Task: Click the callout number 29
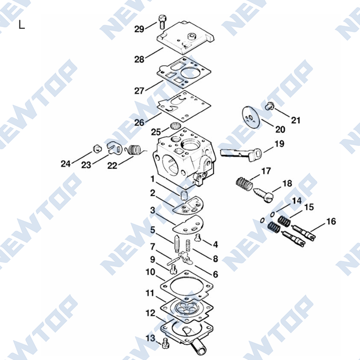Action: (139, 29)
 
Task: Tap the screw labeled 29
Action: (162, 22)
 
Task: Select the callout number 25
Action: (156, 132)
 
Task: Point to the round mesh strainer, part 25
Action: (175, 126)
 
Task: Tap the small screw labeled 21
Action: (269, 106)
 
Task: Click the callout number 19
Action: (279, 144)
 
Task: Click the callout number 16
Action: (331, 221)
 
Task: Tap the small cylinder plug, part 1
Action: (184, 195)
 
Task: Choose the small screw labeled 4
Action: (198, 238)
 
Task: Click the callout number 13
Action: (151, 338)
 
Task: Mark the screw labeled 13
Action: (165, 343)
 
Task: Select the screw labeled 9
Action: (173, 269)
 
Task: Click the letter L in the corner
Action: (22, 25)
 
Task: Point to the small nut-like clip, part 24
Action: (97, 148)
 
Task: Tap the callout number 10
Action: (151, 272)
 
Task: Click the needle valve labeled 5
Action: (177, 244)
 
